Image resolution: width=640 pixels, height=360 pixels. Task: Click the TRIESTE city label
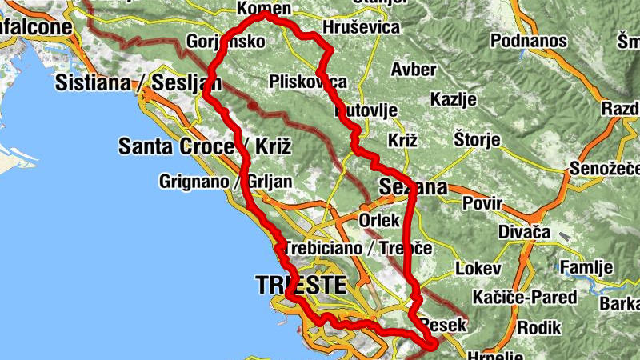(301, 285)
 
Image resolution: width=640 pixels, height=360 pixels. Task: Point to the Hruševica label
(361, 28)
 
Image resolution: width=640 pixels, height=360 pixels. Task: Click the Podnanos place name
(529, 41)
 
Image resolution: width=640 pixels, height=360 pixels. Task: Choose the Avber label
(414, 70)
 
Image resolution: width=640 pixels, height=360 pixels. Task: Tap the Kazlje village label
(453, 100)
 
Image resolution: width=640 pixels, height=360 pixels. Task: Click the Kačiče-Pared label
(525, 298)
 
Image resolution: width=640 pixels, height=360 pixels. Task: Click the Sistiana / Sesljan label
(138, 82)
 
